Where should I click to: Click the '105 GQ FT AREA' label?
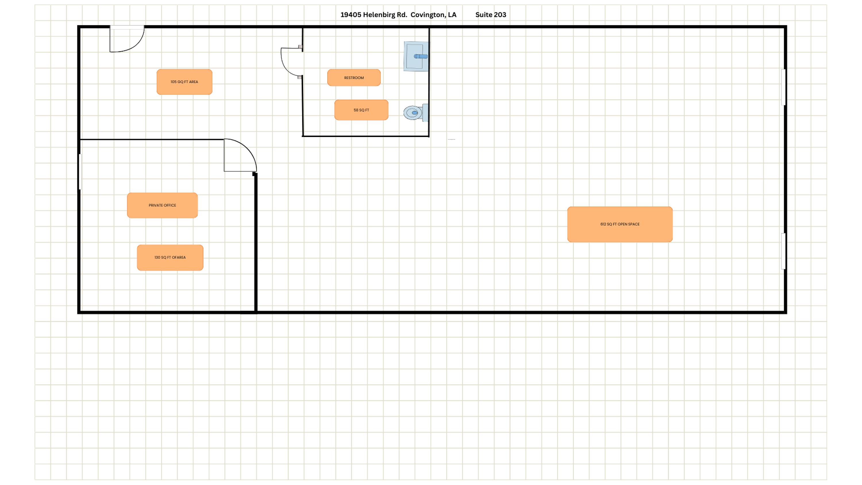coord(184,82)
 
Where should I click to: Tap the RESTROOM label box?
coord(354,78)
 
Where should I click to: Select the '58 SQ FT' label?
coord(361,110)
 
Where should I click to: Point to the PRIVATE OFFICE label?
coord(162,205)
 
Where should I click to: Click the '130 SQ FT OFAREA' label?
coord(170,257)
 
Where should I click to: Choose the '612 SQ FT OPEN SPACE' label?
coord(620,224)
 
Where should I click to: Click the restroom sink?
coord(416,56)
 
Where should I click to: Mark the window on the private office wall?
coord(80,172)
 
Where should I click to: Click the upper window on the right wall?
coord(783,87)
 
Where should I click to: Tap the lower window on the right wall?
coord(783,251)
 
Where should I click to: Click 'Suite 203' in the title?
coord(490,15)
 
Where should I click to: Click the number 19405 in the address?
coord(351,15)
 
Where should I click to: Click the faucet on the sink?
coord(421,56)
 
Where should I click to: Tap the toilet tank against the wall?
coord(425,113)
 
